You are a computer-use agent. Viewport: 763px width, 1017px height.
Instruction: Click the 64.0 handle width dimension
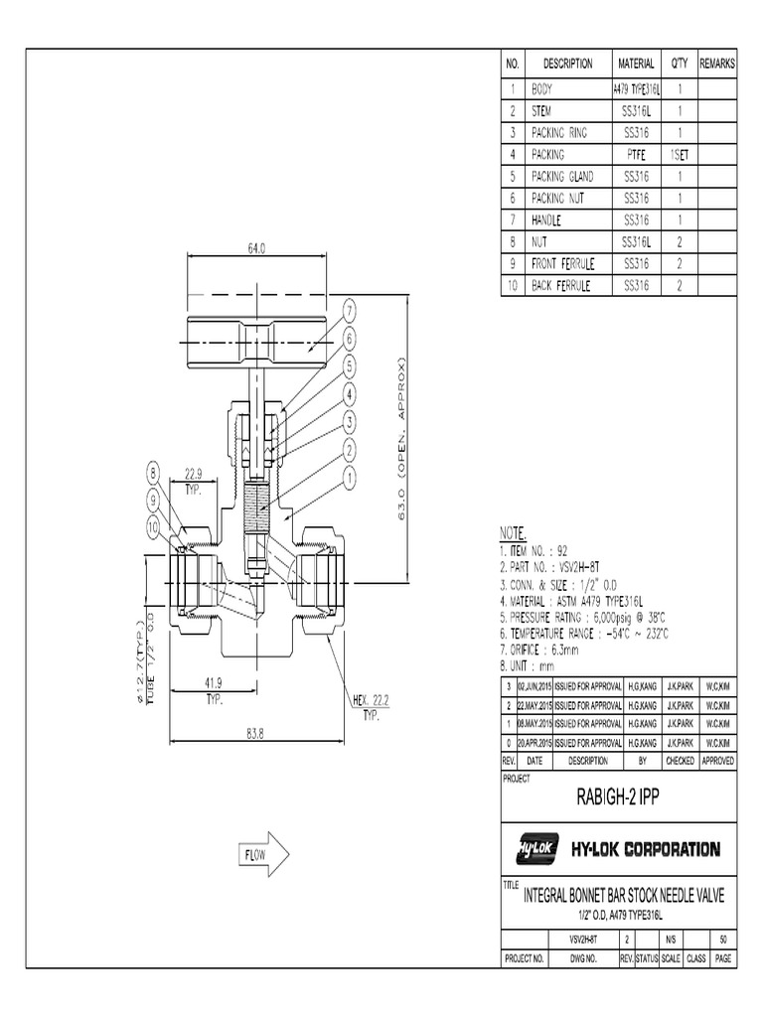(255, 250)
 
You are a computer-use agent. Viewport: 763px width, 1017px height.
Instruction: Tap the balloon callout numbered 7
(350, 312)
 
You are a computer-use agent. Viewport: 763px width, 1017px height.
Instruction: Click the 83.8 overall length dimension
(254, 734)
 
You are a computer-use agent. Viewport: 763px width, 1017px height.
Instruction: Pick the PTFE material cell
(636, 154)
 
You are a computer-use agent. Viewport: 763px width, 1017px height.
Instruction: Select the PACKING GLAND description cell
(562, 176)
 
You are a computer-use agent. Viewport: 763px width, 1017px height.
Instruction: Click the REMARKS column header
(717, 64)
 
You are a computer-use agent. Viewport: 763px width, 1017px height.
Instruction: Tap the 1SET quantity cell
(680, 154)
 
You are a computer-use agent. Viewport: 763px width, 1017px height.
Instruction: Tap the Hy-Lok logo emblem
(536, 849)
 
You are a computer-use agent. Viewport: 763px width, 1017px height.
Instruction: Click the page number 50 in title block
(723, 939)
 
